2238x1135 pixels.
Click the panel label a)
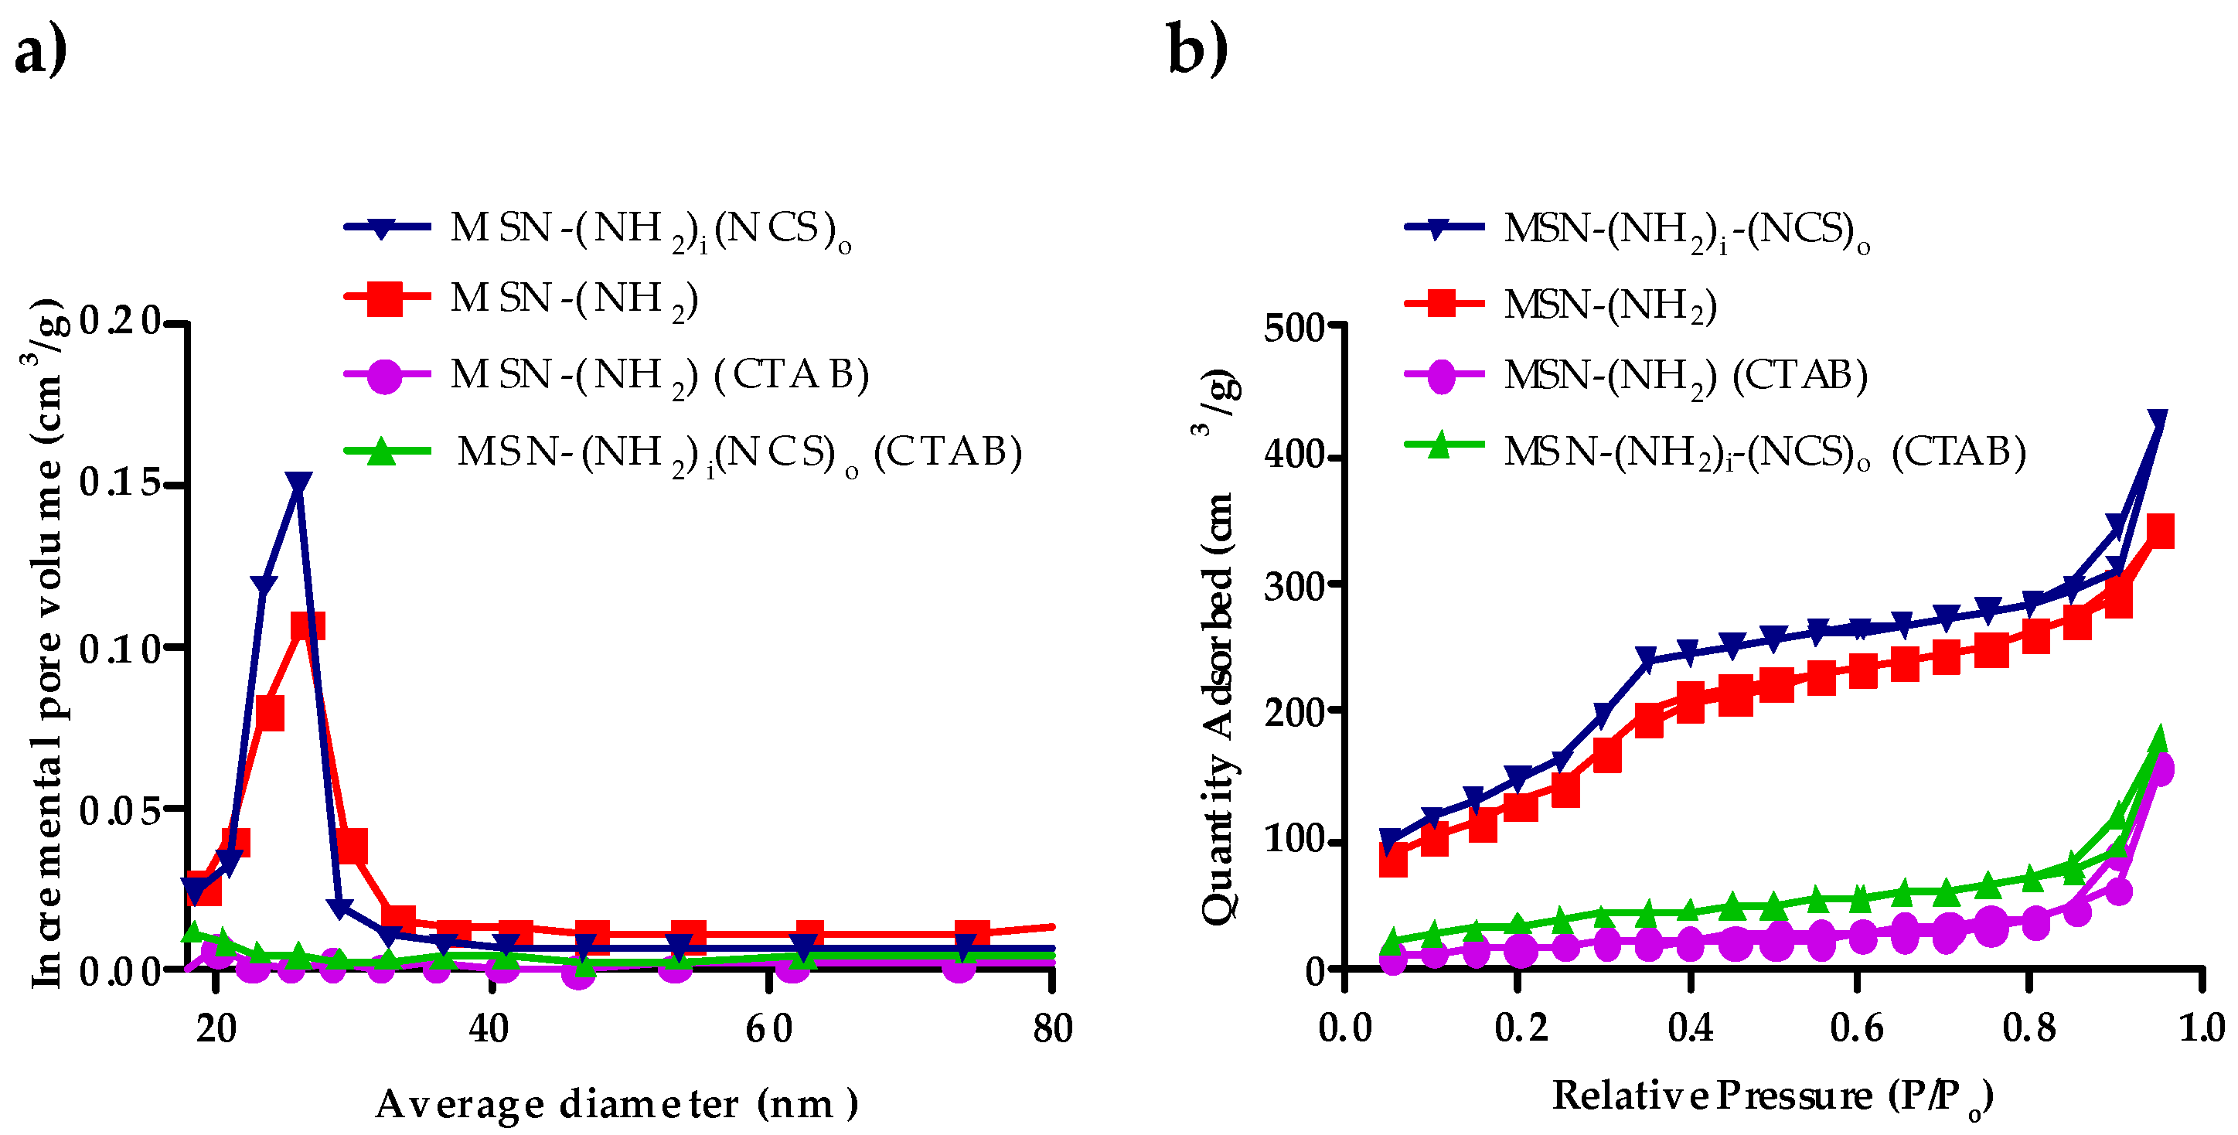(40, 50)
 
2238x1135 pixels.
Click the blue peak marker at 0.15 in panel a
(298, 484)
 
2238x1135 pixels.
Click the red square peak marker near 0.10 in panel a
(308, 625)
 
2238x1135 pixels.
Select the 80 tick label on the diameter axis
(1052, 1029)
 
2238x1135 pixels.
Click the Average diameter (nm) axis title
(616, 1104)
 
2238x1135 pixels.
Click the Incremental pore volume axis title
(47, 643)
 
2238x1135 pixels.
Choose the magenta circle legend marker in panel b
(1440, 376)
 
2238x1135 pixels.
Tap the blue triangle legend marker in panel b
(1439, 229)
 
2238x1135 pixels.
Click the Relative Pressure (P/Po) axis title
(1773, 1097)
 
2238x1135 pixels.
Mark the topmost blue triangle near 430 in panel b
(2157, 421)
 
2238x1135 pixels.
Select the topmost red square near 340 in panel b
(2160, 530)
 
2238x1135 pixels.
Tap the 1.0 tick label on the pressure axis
(2201, 1029)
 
